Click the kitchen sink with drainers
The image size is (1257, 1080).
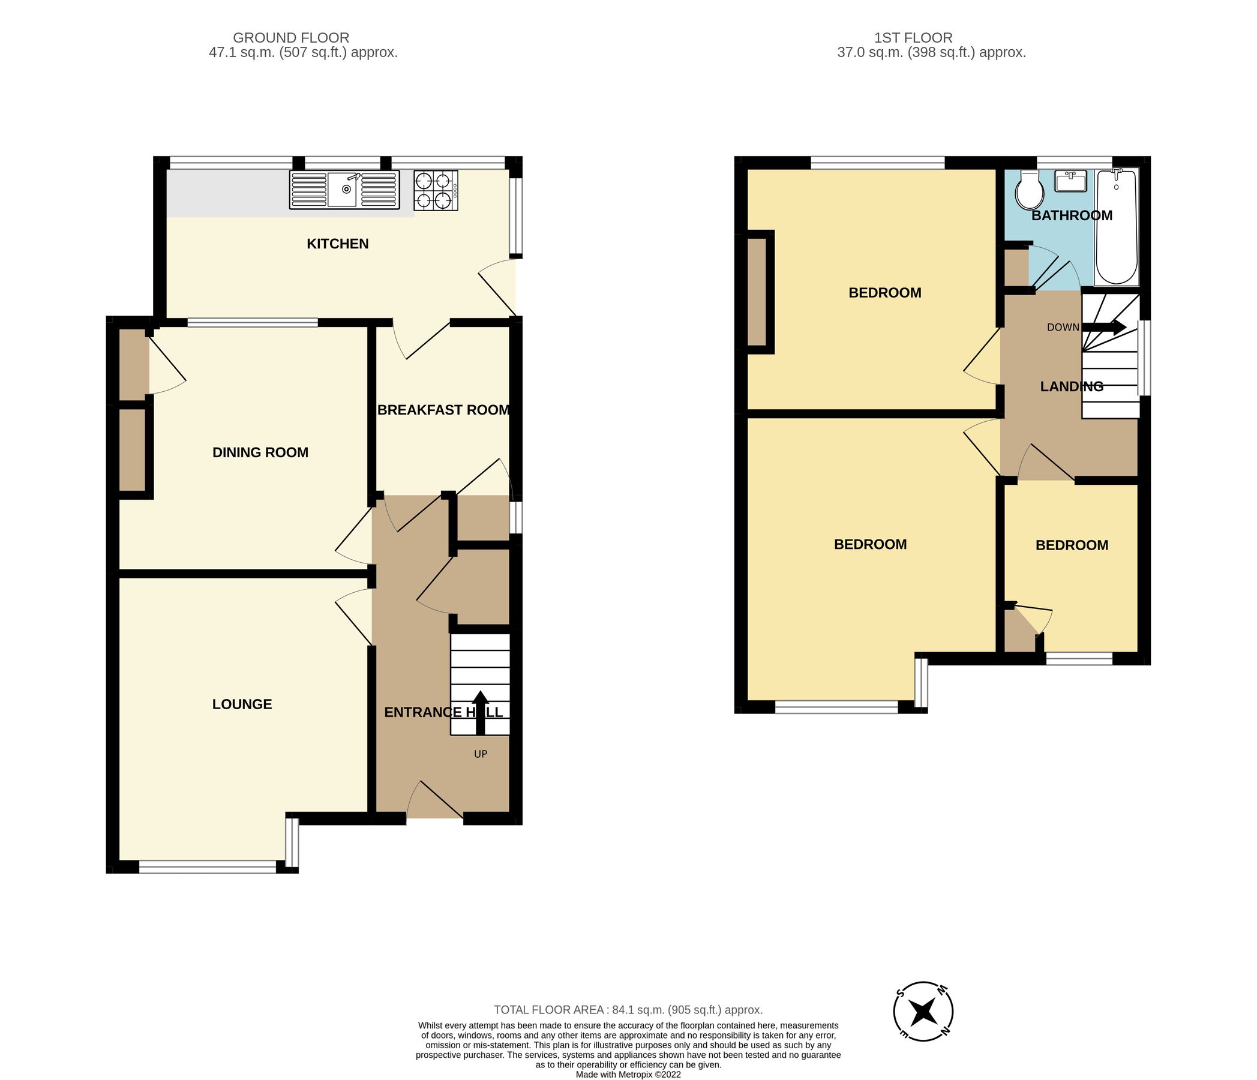coord(344,190)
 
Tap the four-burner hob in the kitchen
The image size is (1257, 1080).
coord(436,190)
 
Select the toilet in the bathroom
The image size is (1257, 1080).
coord(1030,191)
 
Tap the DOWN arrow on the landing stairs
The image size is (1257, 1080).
coord(1105,328)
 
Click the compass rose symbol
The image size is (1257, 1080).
coord(923,1012)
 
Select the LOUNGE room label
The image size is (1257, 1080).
coord(241,704)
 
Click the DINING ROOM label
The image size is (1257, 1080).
coord(260,452)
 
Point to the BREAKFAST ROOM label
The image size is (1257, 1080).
coord(443,410)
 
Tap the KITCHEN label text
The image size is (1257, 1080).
coord(337,244)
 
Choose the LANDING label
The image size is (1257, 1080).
coord(1072,386)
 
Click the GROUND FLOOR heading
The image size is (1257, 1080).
coord(290,38)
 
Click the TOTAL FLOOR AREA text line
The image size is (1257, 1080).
coord(628,1010)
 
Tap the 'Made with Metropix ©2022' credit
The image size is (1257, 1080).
coord(628,1075)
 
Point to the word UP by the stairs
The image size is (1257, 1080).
coord(481,754)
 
